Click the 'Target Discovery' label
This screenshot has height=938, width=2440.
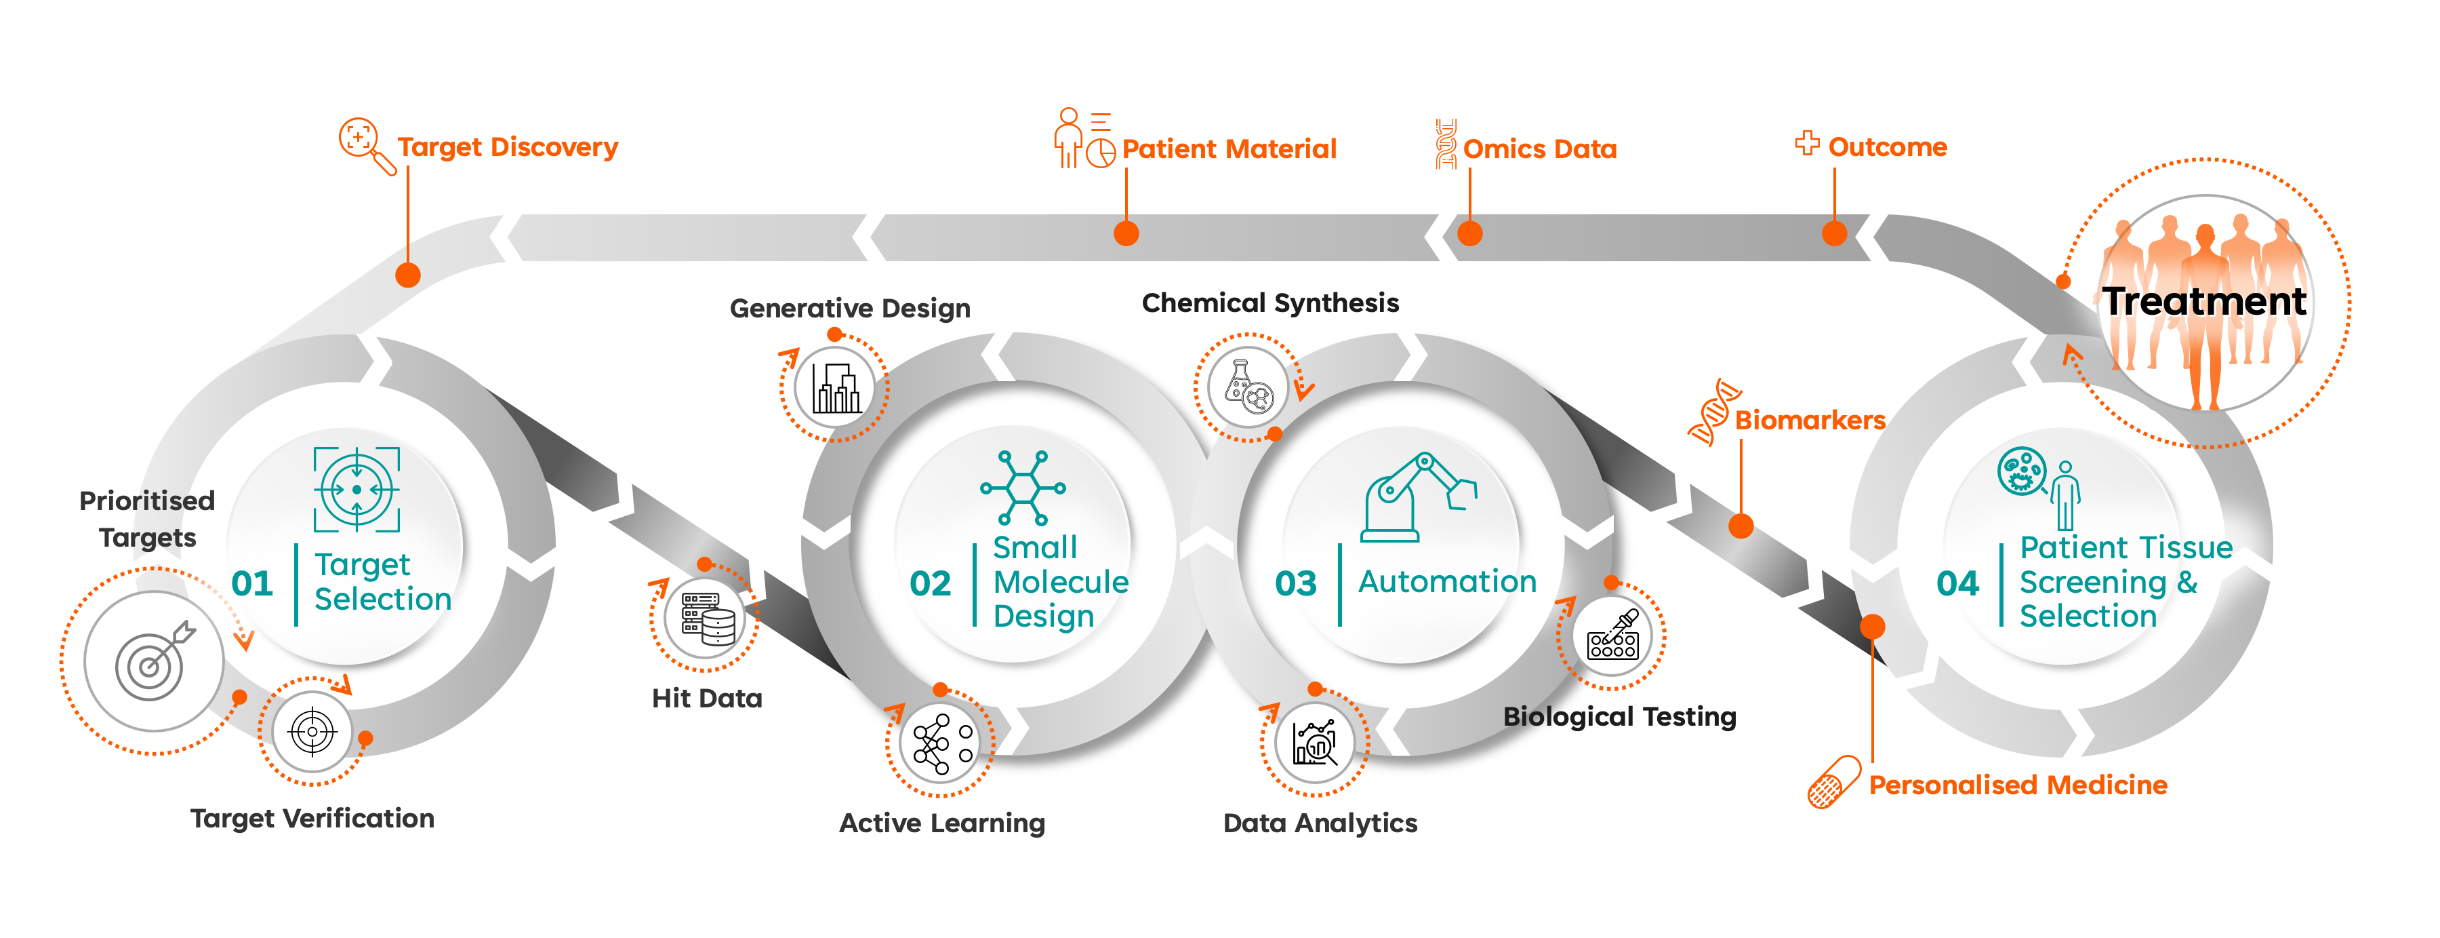click(508, 148)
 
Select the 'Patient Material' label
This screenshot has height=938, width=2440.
click(1229, 149)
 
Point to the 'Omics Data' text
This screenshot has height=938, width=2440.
click(1539, 149)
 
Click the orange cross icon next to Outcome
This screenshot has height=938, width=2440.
click(1807, 143)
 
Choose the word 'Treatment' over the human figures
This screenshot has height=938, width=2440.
click(2204, 301)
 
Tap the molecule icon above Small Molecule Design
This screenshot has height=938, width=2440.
click(1023, 488)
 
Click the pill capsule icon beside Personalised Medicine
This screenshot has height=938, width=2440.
click(1834, 781)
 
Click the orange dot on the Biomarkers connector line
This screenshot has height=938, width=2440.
click(1741, 526)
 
